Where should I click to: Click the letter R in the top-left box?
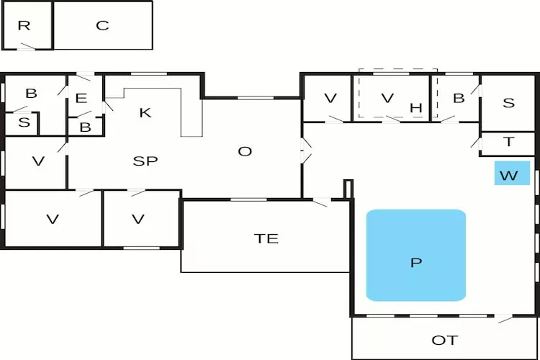click(x=24, y=26)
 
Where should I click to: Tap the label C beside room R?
click(x=102, y=26)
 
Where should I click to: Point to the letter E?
click(x=81, y=99)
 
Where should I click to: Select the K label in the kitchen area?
click(x=145, y=112)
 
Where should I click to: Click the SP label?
click(x=145, y=161)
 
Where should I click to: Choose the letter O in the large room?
click(x=245, y=151)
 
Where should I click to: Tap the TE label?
click(x=266, y=238)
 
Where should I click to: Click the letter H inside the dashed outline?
click(x=415, y=108)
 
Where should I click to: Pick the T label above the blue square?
click(x=508, y=143)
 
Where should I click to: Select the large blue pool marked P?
click(x=415, y=256)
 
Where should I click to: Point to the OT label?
click(x=444, y=340)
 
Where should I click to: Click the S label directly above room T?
click(x=508, y=103)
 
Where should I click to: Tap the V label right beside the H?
click(x=388, y=99)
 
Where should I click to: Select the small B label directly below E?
click(x=85, y=127)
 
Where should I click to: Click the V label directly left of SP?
click(x=38, y=161)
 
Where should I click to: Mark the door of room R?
click(x=27, y=47)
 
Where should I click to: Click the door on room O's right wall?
click(x=306, y=151)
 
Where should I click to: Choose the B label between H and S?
click(x=458, y=99)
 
